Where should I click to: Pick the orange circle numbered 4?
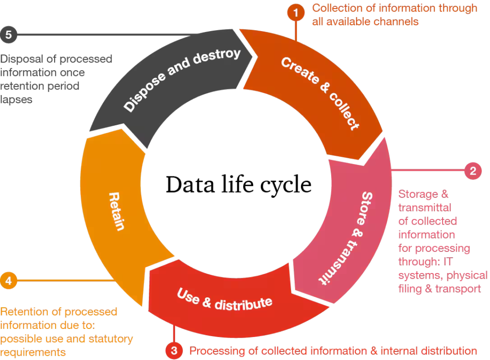(x=9, y=280)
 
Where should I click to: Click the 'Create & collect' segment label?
(x=320, y=93)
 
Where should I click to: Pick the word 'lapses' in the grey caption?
(x=16, y=100)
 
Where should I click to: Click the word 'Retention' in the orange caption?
(x=24, y=312)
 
